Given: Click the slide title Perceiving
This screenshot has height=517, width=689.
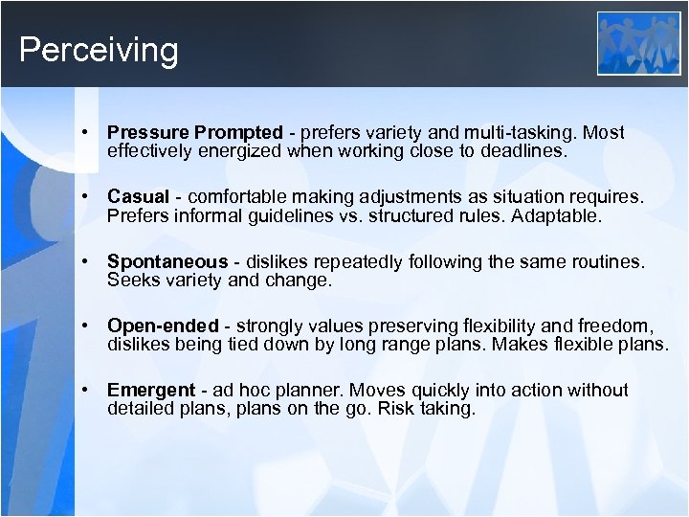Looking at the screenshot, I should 99,50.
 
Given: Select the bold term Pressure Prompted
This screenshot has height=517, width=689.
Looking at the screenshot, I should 195,133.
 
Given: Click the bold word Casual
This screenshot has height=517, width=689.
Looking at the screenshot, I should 138,197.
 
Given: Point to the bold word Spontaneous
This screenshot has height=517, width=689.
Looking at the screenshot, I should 167,261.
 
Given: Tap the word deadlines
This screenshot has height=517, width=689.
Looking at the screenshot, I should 527,150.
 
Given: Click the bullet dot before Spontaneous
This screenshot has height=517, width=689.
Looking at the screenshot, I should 85,261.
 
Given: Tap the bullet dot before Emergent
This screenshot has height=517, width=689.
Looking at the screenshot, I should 85,390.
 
